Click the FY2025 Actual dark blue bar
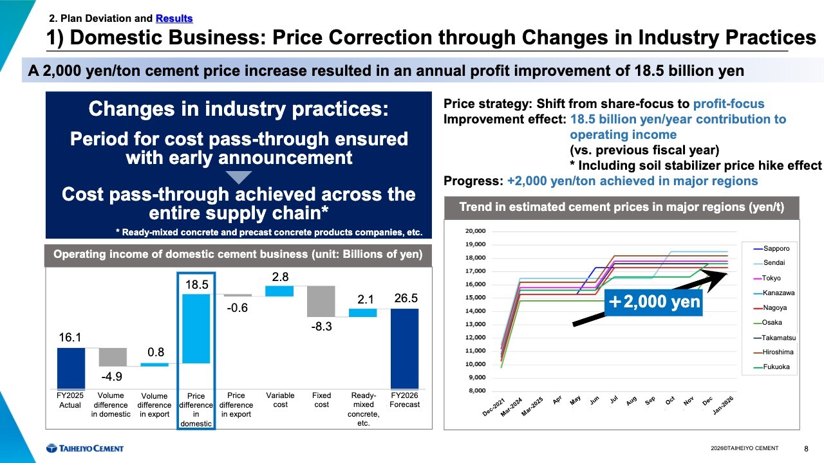70,368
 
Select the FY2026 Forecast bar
404,349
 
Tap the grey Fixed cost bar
321,301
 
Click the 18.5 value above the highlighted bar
196,284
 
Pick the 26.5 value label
406,299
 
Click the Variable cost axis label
281,400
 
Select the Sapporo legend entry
775,248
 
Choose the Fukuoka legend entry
776,367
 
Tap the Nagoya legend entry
775,307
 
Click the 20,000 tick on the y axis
475,231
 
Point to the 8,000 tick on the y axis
477,390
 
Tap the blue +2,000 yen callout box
653,301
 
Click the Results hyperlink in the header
174,19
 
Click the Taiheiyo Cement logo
84,448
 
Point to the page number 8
807,448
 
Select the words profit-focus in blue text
729,104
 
